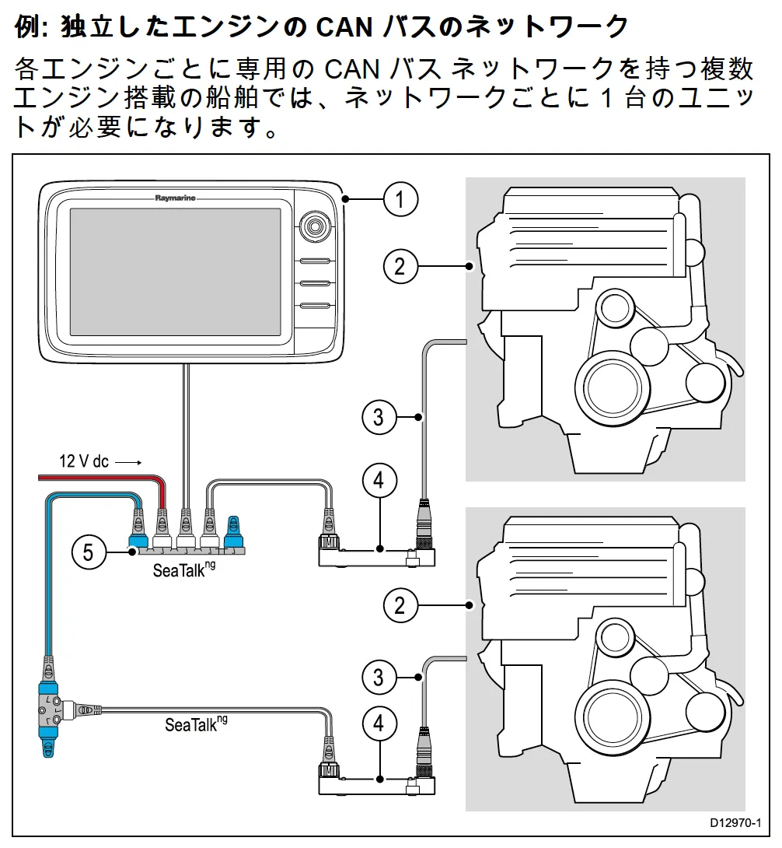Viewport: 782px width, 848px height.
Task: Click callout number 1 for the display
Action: pyautogui.click(x=400, y=199)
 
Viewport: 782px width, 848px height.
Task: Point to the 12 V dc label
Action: pyautogui.click(x=84, y=461)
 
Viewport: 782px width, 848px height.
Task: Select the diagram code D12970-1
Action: pyautogui.click(x=735, y=823)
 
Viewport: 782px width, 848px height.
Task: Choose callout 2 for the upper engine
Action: pyautogui.click(x=400, y=266)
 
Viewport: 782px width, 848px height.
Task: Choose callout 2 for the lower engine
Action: pyautogui.click(x=400, y=604)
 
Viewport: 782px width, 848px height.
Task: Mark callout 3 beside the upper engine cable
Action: pyautogui.click(x=379, y=417)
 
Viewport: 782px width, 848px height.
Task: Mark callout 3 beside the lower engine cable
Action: pyautogui.click(x=379, y=677)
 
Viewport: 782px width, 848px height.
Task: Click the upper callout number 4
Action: pyautogui.click(x=379, y=480)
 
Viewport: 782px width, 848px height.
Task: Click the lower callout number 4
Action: pyautogui.click(x=379, y=724)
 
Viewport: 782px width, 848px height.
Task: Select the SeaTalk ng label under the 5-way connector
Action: pyautogui.click(x=183, y=569)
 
